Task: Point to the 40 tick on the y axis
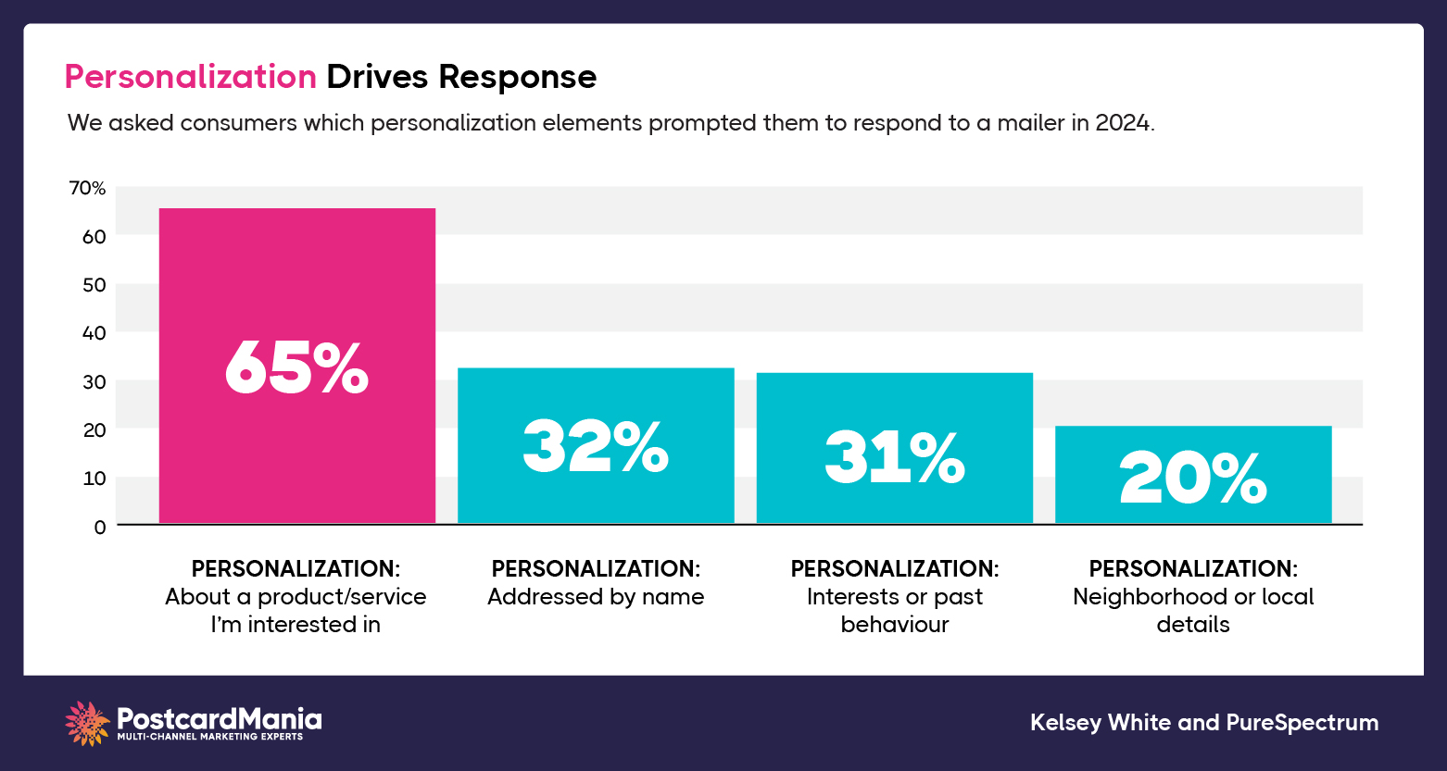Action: (94, 332)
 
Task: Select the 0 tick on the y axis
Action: (99, 526)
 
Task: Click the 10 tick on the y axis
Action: (94, 478)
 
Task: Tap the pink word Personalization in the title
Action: (191, 77)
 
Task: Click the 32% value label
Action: (596, 447)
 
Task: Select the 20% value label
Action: (1193, 479)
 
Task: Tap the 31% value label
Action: (894, 458)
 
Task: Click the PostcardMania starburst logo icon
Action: (88, 723)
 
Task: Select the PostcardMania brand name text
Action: (220, 717)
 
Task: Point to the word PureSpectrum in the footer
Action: (1302, 723)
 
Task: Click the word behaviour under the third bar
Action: (894, 625)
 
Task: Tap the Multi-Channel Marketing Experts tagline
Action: (209, 737)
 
